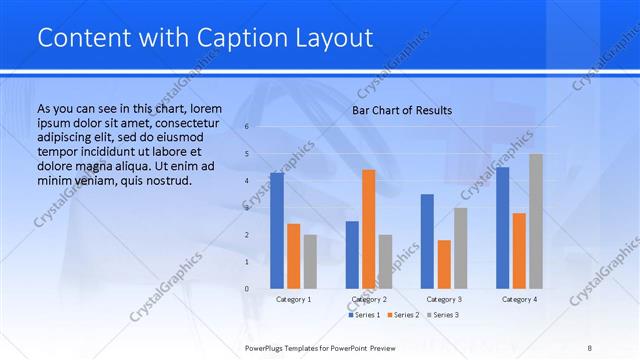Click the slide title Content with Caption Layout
(205, 38)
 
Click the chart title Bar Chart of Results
(402, 110)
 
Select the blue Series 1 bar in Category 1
(277, 231)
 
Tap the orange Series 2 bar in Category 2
(369, 229)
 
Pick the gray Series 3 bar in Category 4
(536, 221)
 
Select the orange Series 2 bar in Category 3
(444, 264)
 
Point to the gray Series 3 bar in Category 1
(310, 261)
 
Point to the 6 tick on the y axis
(246, 127)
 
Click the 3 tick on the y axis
(246, 208)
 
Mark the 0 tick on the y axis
(246, 289)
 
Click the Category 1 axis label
(293, 299)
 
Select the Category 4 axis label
(519, 299)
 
